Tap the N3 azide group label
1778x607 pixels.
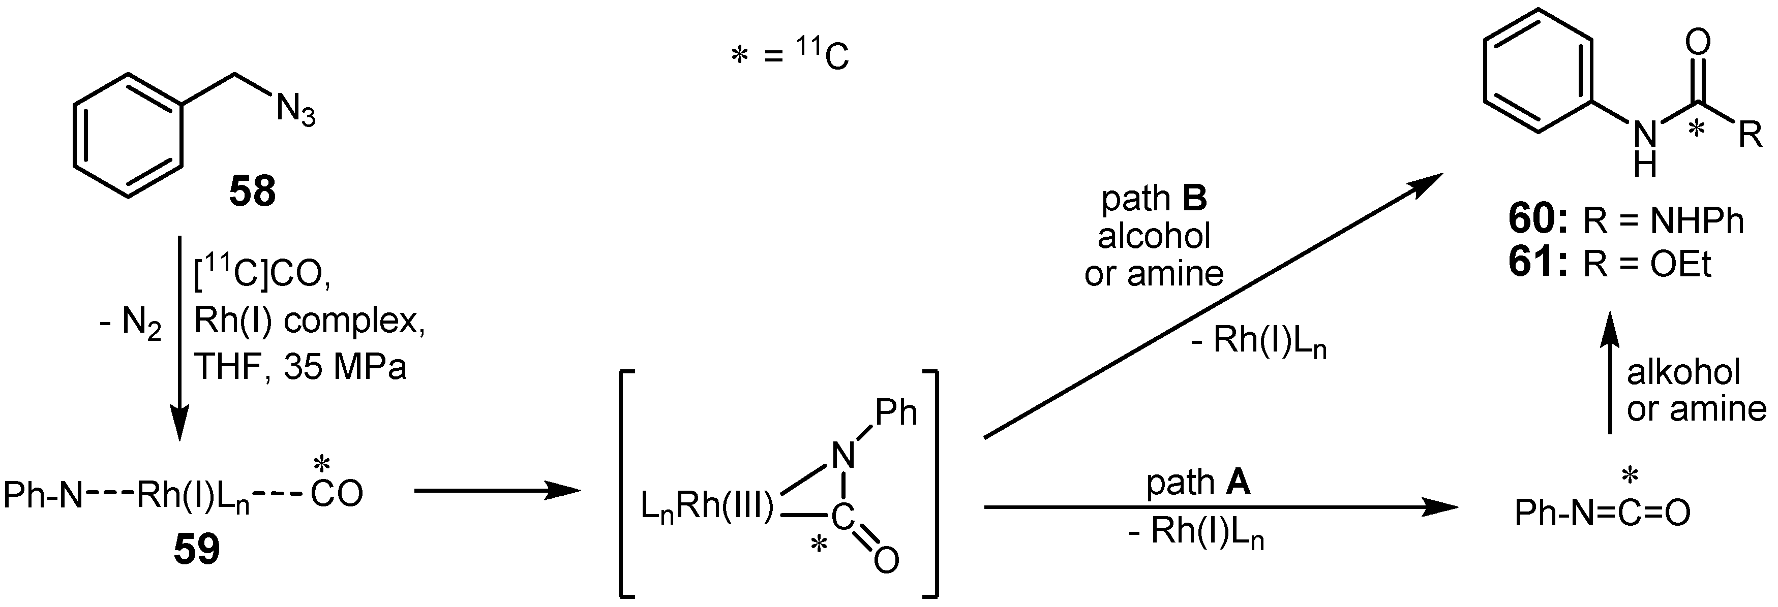(295, 112)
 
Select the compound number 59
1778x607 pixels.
(197, 550)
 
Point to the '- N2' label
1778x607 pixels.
(131, 324)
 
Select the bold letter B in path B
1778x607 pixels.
(1194, 199)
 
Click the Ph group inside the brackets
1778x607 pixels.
(896, 412)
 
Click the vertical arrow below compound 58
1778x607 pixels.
(179, 338)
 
